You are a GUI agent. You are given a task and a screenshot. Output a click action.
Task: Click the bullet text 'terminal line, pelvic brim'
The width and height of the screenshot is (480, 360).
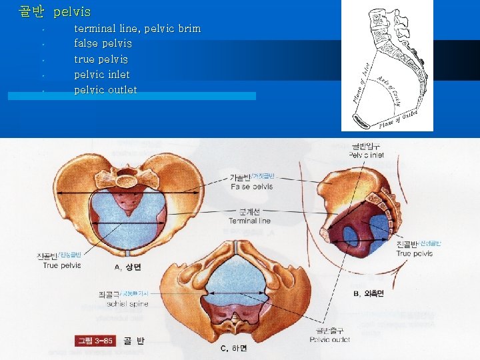137,29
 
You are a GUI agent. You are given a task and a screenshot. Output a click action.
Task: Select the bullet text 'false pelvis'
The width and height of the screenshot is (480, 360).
103,44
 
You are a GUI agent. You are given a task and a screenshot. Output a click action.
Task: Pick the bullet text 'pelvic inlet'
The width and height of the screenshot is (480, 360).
101,75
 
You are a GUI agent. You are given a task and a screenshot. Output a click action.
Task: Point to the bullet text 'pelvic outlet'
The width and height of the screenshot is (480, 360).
105,90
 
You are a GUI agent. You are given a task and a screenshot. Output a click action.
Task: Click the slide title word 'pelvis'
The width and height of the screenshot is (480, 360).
72,12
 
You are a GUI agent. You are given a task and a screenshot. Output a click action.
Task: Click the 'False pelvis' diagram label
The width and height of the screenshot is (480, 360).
251,187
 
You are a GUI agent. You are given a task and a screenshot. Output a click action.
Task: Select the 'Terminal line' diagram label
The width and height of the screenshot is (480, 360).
249,221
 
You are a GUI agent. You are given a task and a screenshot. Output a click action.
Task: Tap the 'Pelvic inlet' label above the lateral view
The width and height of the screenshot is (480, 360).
366,155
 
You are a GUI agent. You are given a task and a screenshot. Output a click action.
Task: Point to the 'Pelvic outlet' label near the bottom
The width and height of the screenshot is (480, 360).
330,339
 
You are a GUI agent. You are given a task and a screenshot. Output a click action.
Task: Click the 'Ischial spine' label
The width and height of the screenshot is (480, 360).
127,304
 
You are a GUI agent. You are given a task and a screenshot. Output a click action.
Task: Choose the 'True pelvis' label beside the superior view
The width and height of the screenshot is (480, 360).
62,265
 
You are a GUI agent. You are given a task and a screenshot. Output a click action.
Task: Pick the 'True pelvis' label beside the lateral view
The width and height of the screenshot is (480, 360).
414,253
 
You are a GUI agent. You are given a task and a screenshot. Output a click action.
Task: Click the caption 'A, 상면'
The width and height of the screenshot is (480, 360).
127,267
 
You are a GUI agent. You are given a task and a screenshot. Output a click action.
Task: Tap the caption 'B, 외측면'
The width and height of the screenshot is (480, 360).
368,293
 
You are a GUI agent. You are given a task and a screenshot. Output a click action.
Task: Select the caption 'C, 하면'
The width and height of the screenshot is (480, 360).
233,349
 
